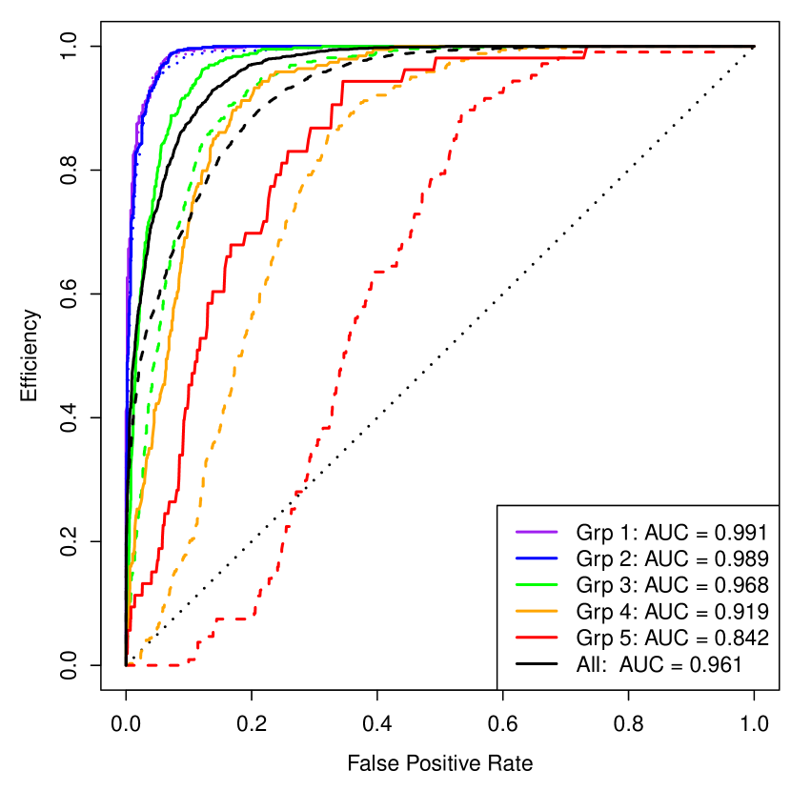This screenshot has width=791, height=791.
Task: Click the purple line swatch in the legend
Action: (x=535, y=531)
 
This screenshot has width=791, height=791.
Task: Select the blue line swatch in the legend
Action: (x=535, y=558)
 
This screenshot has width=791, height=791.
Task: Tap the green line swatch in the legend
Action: (x=535, y=584)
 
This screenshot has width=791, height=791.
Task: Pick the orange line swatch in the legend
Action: (x=535, y=611)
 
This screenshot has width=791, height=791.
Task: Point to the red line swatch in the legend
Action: (x=535, y=638)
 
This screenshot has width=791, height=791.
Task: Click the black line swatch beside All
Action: (x=535, y=664)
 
